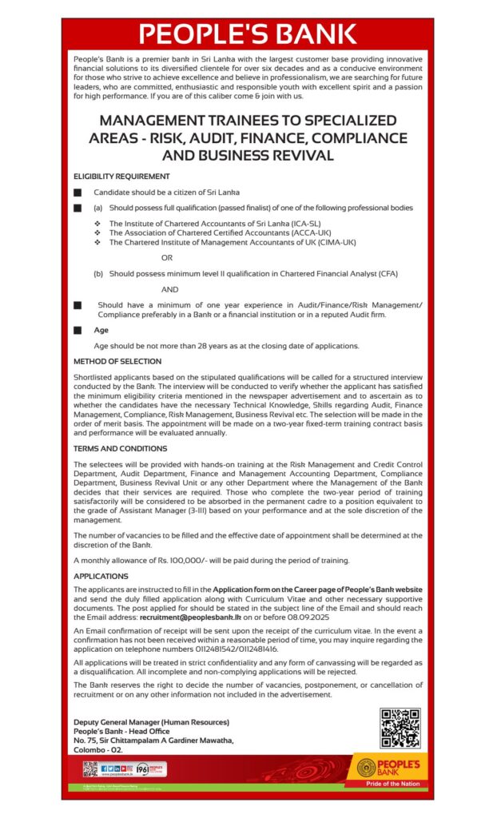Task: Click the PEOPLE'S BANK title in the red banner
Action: point(248,34)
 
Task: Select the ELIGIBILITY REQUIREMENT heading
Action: point(121,175)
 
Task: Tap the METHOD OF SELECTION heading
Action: point(117,361)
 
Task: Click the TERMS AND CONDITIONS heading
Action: point(120,448)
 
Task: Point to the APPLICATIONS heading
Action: point(101,575)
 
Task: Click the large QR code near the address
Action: point(400,728)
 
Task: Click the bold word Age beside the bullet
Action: point(101,329)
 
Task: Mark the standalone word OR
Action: point(167,257)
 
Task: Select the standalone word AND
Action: point(169,289)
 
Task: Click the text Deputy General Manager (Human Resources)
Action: point(151,722)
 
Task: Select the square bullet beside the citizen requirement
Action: point(78,193)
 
